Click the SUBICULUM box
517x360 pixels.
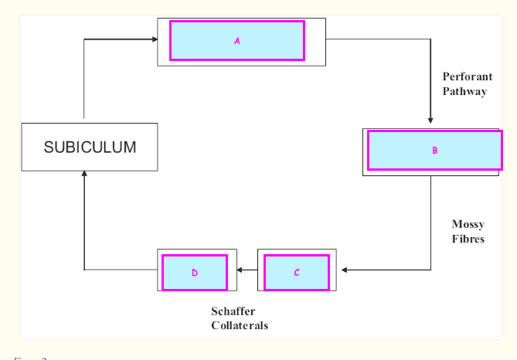[x=90, y=147]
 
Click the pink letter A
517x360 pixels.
[x=237, y=41]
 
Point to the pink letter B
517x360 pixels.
[x=434, y=151]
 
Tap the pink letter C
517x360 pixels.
[x=297, y=273]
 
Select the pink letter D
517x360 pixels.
[x=195, y=273]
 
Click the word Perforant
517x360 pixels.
[x=468, y=76]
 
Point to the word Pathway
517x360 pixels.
[x=464, y=91]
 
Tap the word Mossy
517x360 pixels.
[x=468, y=225]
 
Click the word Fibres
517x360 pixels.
[x=468, y=239]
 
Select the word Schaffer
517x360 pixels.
[x=233, y=311]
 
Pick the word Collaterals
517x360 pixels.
[x=240, y=325]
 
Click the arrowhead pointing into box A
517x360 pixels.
[x=153, y=38]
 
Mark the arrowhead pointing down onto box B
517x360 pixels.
[x=430, y=120]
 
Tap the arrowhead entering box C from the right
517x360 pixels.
[x=344, y=270]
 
